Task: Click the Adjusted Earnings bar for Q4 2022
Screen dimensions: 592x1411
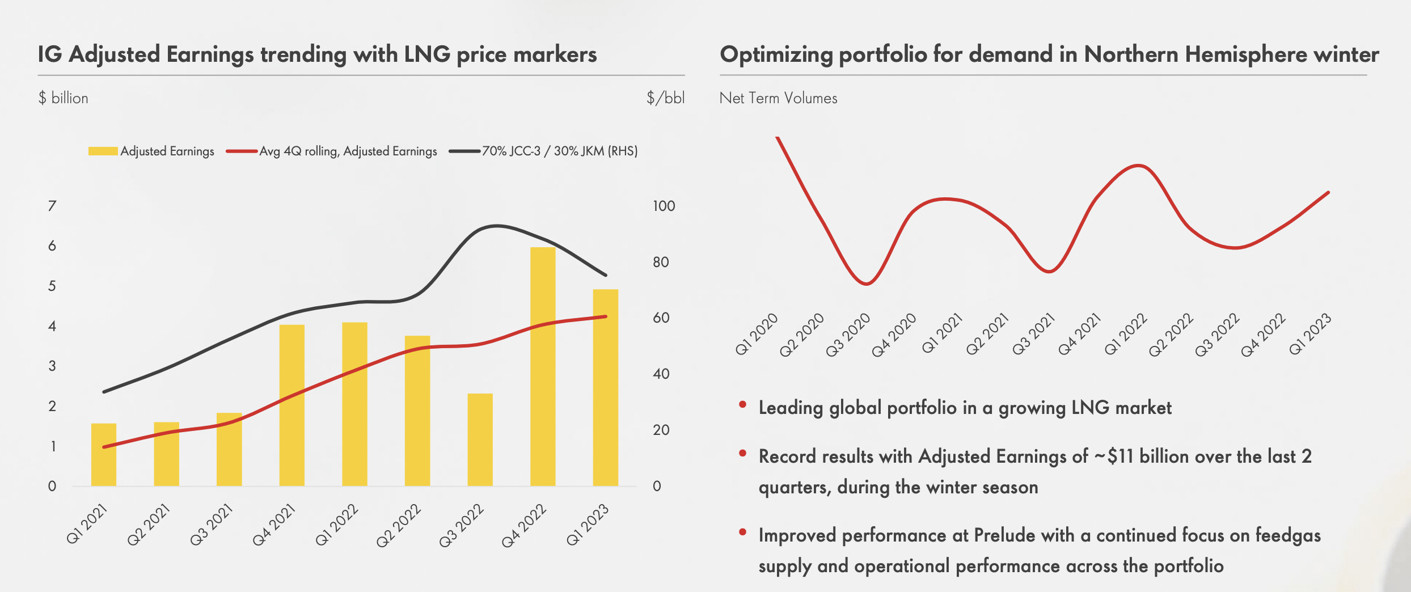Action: [x=543, y=367]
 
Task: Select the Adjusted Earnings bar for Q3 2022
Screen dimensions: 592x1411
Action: [x=480, y=440]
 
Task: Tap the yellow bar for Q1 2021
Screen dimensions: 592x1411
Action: [x=104, y=455]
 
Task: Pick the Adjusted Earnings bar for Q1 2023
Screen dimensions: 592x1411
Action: [x=605, y=388]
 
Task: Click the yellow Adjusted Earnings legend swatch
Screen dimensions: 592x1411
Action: [x=103, y=151]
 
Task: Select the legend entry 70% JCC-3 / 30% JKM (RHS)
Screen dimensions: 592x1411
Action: [x=559, y=151]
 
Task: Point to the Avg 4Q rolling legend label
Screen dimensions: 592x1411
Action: [x=348, y=151]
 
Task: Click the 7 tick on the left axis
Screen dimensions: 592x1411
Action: [x=52, y=206]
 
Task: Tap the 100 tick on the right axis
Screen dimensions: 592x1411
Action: [x=664, y=206]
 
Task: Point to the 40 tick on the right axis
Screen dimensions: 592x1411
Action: [x=661, y=374]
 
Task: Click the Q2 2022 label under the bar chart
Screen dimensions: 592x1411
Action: [x=399, y=525]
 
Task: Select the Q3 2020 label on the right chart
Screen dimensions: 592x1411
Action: [x=848, y=335]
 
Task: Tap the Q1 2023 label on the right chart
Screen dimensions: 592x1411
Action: [x=1310, y=335]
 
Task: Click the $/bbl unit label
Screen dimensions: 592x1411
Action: [x=665, y=98]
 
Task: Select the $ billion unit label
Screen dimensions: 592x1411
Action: [x=63, y=98]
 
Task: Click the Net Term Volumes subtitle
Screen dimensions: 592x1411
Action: [x=778, y=98]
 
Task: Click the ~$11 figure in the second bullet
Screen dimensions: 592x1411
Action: [x=1113, y=456]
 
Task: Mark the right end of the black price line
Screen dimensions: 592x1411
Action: [x=606, y=275]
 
